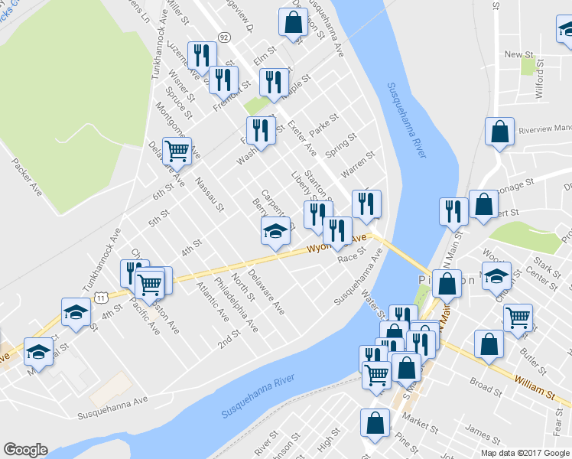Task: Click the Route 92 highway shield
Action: (x=223, y=36)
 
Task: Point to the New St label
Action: (x=518, y=54)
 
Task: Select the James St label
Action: (x=482, y=433)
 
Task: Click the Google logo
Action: (x=25, y=450)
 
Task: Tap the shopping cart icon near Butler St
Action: (x=518, y=315)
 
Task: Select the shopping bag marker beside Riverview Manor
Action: (x=499, y=132)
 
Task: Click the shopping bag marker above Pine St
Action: (x=375, y=422)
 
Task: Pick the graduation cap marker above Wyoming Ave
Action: (x=276, y=230)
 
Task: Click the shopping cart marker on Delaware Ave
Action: (x=177, y=151)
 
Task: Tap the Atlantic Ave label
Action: (x=212, y=301)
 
